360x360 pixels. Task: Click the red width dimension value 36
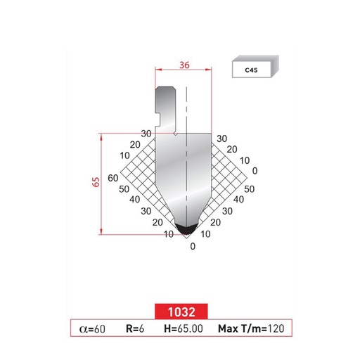(x=184, y=63)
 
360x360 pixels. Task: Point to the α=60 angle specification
(x=94, y=328)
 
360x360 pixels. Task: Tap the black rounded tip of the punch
(x=186, y=229)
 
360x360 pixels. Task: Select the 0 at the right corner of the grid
(x=255, y=170)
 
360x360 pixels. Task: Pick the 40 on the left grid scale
(x=136, y=200)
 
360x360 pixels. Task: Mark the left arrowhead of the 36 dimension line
(x=158, y=70)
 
